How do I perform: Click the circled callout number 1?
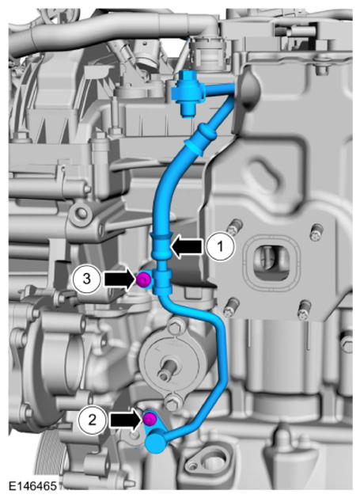221,246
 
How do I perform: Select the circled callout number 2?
92,420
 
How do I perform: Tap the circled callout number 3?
86,279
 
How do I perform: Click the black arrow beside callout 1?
187,246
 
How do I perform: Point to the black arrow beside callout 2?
126,420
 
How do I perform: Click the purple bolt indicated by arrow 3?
143,279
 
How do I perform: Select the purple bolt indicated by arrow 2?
150,420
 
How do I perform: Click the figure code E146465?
32,485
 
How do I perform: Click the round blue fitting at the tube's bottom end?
156,442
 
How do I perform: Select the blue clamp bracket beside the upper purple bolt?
162,281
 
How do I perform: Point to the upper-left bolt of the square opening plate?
235,227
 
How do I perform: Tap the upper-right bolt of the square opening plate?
316,232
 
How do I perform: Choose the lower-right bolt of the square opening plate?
304,310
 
